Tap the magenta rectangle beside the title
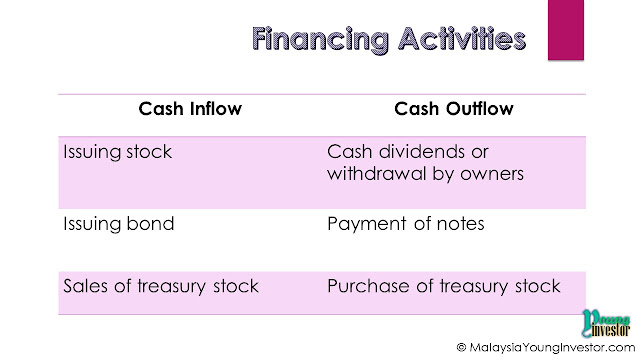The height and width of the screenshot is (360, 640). (x=566, y=30)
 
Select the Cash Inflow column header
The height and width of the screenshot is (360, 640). (x=190, y=109)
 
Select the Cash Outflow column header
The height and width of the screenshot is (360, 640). (x=453, y=109)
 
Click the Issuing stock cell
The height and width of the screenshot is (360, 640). (x=118, y=152)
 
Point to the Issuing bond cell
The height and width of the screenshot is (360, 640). (x=119, y=224)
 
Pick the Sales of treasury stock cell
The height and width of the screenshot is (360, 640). (x=161, y=286)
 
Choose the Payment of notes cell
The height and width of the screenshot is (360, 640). (x=406, y=224)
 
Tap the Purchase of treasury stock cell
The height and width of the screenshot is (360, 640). (x=444, y=286)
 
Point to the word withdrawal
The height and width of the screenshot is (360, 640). (x=376, y=173)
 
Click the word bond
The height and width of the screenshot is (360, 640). (x=150, y=224)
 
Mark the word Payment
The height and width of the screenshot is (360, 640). (x=367, y=224)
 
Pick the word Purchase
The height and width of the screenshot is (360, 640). (x=368, y=286)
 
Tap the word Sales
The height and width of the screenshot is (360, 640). (x=86, y=286)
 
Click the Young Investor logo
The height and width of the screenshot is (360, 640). (x=606, y=323)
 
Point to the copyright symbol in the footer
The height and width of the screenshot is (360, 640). (x=461, y=347)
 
